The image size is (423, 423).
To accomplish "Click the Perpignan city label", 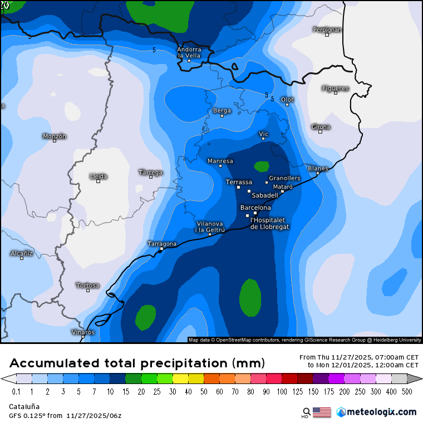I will coord(327,29).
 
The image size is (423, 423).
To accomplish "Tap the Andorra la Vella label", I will coord(189,52).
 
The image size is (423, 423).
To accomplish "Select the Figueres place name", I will coord(335,88).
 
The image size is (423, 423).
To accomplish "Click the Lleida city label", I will coord(98,176).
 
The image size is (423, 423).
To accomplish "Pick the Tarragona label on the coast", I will coord(161,244).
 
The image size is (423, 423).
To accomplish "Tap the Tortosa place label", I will coord(87,286).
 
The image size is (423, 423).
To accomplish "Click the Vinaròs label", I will coord(83,332).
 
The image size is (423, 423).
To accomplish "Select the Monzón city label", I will coord(55,136).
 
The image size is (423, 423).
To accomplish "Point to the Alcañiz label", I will coord(22,253).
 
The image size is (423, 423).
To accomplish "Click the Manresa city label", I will coord(220,161).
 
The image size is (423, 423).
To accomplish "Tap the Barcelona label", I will coord(255,208).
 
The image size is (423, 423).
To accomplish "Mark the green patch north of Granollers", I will coord(261,166).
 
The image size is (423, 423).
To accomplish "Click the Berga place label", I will coord(222,111).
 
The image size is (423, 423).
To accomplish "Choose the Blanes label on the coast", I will coord(318,168).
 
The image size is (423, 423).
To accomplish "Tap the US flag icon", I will coord(322,412).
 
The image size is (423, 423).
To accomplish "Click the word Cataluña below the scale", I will coord(24,406).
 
